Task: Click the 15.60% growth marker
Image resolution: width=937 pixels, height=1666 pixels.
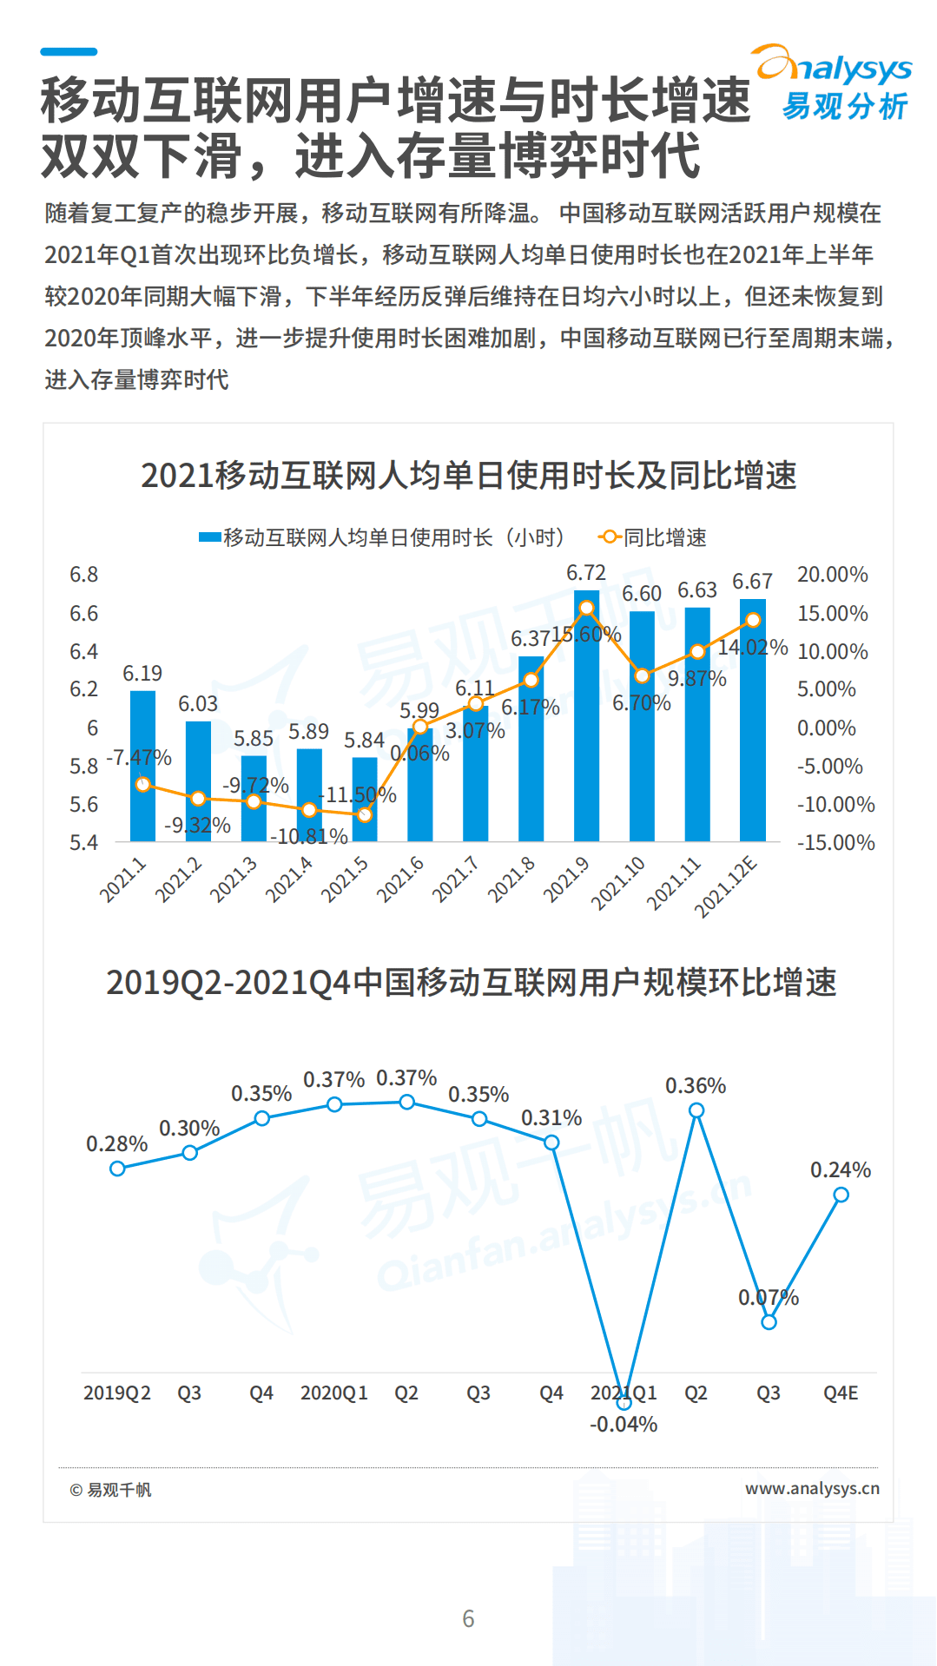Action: point(586,608)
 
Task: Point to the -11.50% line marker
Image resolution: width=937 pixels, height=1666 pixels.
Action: point(365,815)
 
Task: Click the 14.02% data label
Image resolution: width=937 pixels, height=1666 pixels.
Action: point(752,648)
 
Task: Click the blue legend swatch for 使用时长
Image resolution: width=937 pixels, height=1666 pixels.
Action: point(210,538)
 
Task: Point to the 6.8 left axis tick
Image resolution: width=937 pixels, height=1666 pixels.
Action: point(84,575)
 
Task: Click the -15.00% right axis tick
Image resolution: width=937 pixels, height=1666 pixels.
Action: point(835,843)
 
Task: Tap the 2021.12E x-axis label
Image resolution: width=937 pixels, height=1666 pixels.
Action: point(726,886)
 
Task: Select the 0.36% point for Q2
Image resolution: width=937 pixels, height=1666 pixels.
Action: point(696,1110)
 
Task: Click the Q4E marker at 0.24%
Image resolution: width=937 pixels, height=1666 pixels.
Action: point(841,1195)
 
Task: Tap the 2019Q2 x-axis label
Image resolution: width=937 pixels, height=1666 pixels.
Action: point(117,1393)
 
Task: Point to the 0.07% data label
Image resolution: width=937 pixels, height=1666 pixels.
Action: point(768,1298)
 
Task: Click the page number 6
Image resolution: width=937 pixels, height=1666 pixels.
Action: point(468,1619)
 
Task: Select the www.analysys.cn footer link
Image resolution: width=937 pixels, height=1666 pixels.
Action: point(812,1488)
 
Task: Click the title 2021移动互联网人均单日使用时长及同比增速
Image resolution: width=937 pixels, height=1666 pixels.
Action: point(468,476)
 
